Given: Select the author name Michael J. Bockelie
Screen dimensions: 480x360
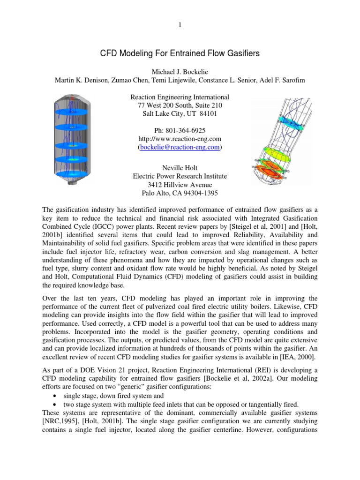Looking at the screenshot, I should [x=180, y=71].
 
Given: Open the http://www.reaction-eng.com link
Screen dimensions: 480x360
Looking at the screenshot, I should [x=180, y=139].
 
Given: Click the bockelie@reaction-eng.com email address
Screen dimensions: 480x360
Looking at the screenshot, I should [x=180, y=147].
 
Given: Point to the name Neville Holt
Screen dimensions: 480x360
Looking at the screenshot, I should [x=180, y=167].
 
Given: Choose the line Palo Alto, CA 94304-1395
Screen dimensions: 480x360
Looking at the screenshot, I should [x=180, y=193].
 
